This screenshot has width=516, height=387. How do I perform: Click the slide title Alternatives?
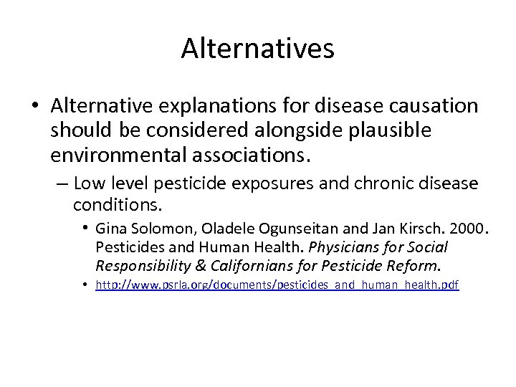(257, 49)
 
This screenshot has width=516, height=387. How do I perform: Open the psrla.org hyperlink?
(277, 285)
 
